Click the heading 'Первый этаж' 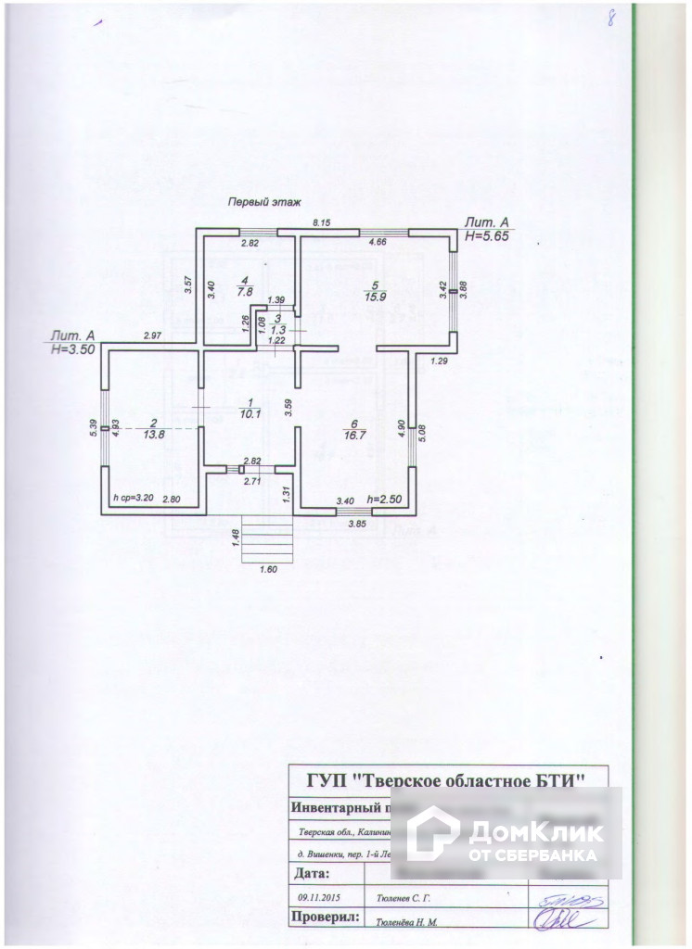(x=259, y=201)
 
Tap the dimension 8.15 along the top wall (x=321, y=222)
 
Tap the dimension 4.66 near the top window (x=378, y=242)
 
